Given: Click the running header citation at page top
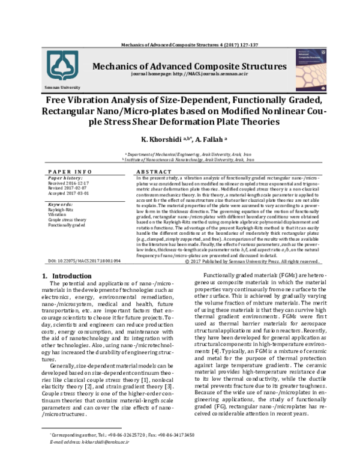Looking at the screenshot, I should (x=181, y=45).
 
